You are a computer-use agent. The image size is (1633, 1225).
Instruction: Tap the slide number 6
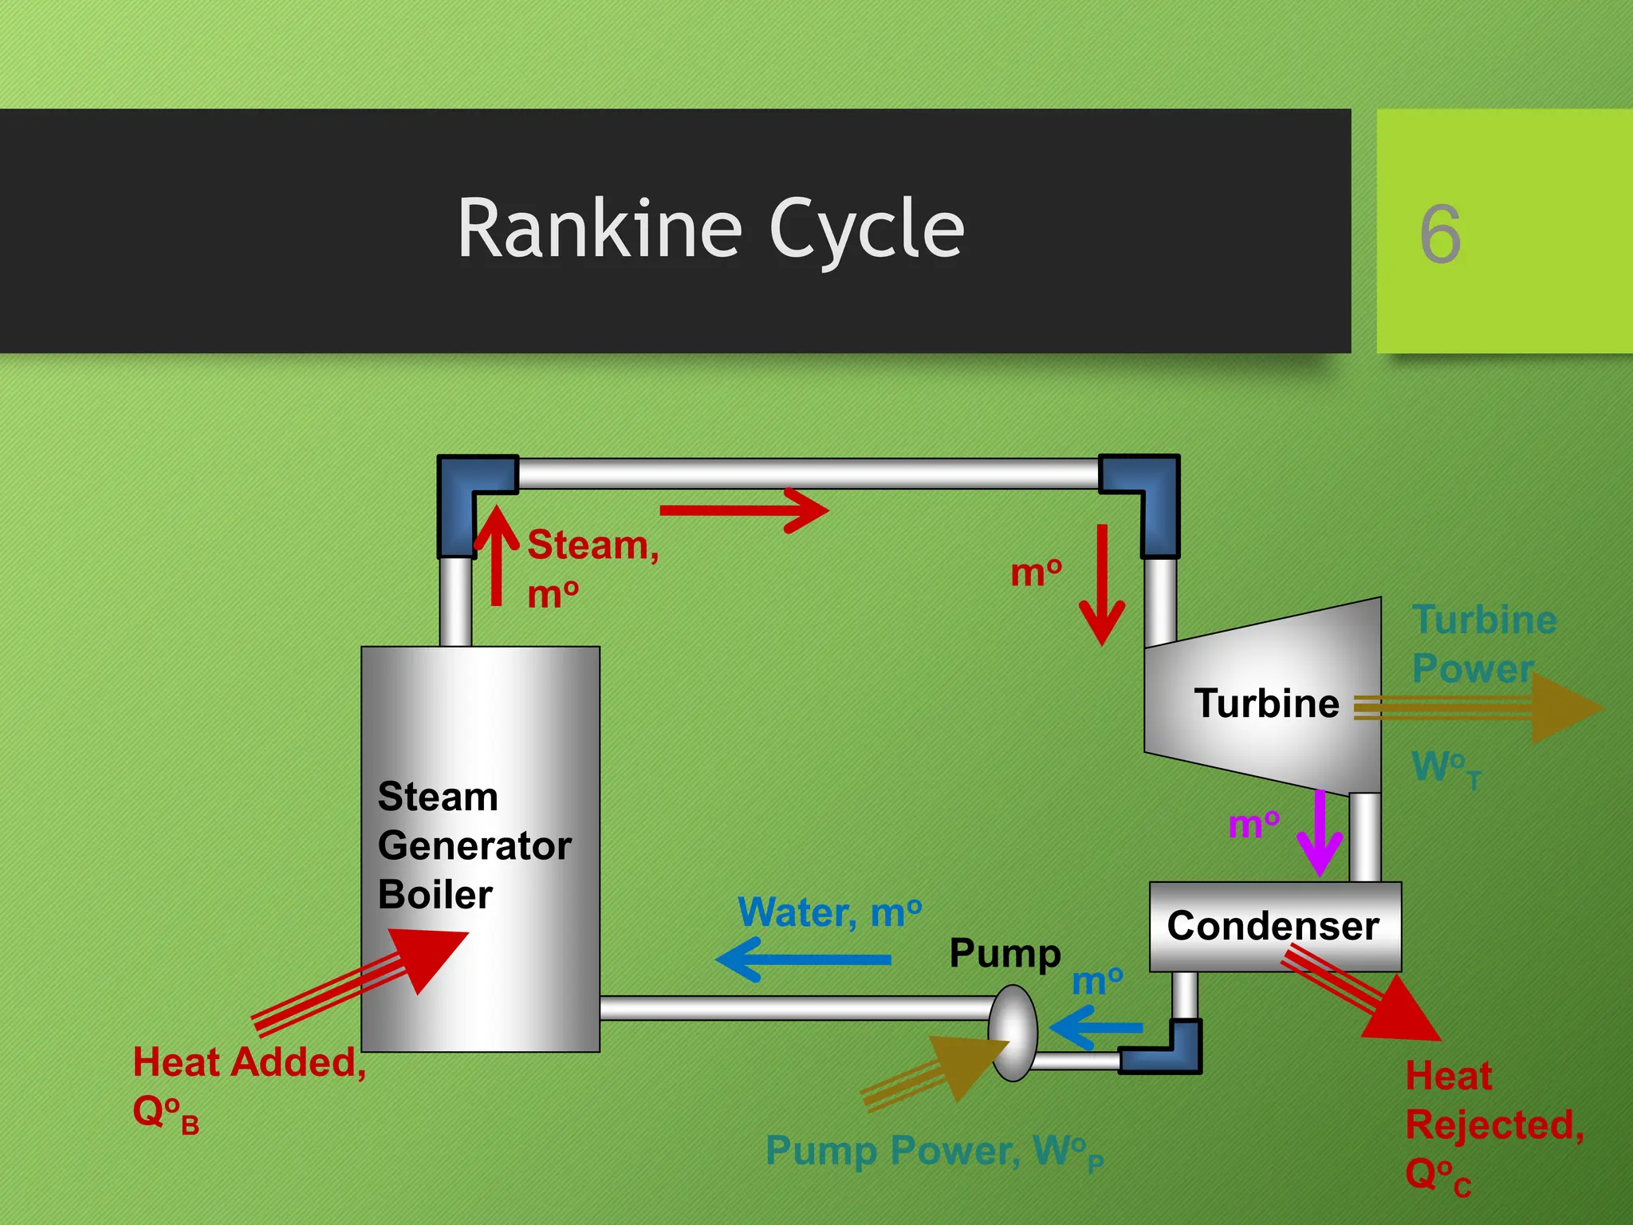tap(1439, 234)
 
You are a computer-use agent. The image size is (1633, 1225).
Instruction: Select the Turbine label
tap(1266, 703)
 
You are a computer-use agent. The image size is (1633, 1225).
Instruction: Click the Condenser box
tap(1273, 926)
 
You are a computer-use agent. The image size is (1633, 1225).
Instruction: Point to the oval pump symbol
tap(1013, 1033)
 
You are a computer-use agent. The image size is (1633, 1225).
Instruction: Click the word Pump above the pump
tap(1005, 954)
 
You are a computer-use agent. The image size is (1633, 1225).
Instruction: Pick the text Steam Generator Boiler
tap(474, 845)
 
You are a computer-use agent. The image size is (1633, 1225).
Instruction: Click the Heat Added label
tap(249, 1064)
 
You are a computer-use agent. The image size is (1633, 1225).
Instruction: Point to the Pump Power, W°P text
tap(934, 1152)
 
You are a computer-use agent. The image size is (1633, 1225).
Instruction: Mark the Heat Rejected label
tap(1493, 1125)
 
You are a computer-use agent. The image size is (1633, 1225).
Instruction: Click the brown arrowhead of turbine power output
tap(1563, 707)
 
